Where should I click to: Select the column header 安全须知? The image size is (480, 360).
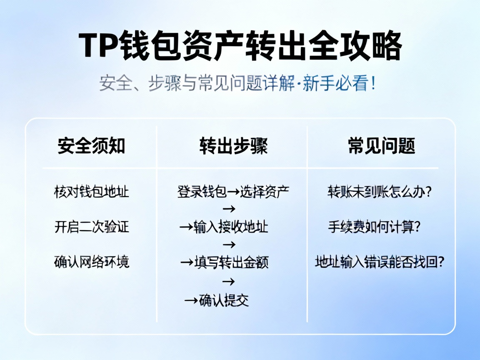pos(91,146)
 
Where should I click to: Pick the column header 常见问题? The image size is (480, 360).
pos(381,146)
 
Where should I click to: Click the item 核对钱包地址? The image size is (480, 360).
pos(91,192)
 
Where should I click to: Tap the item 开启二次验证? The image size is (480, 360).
pos(92,227)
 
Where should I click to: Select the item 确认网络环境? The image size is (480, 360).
pos(92,262)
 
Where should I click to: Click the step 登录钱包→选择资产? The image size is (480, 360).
pos(233,192)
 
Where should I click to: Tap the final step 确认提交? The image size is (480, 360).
pos(224,300)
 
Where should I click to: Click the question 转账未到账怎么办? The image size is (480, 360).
pos(379,192)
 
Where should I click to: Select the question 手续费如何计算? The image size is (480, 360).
pos(374,227)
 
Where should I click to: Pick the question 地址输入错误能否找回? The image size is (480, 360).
pos(379,262)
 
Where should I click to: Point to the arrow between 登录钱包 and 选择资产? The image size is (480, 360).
pos(233,192)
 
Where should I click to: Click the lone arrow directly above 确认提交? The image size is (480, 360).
pos(228,282)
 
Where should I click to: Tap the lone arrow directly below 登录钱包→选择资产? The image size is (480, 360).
pos(229,208)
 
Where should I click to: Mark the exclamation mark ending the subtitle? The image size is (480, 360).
pos(372,84)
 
